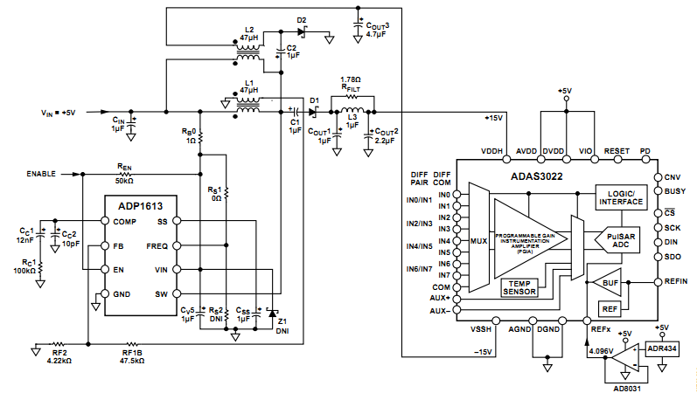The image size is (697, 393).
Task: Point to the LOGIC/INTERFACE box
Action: pos(620,197)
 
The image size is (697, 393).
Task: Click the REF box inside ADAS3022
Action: pos(609,308)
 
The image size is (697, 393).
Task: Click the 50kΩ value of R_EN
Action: pos(123,181)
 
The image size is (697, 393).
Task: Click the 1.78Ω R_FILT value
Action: pos(352,79)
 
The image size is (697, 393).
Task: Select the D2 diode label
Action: pos(302,19)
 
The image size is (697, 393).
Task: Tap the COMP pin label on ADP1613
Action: pos(124,222)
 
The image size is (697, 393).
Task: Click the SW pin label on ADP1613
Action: pos(175,293)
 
